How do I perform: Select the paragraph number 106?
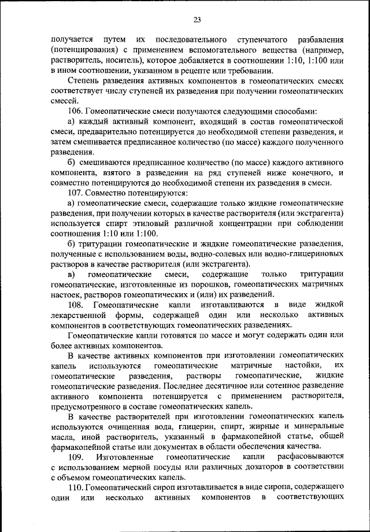(x=76, y=110)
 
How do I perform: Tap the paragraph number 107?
(x=76, y=192)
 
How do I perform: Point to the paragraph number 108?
(x=76, y=304)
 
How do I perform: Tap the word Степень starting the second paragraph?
(x=84, y=80)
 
